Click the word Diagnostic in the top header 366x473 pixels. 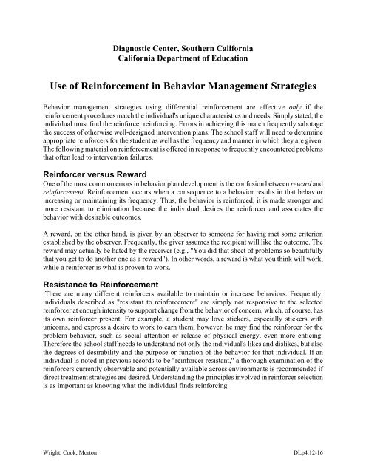tap(125, 41)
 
